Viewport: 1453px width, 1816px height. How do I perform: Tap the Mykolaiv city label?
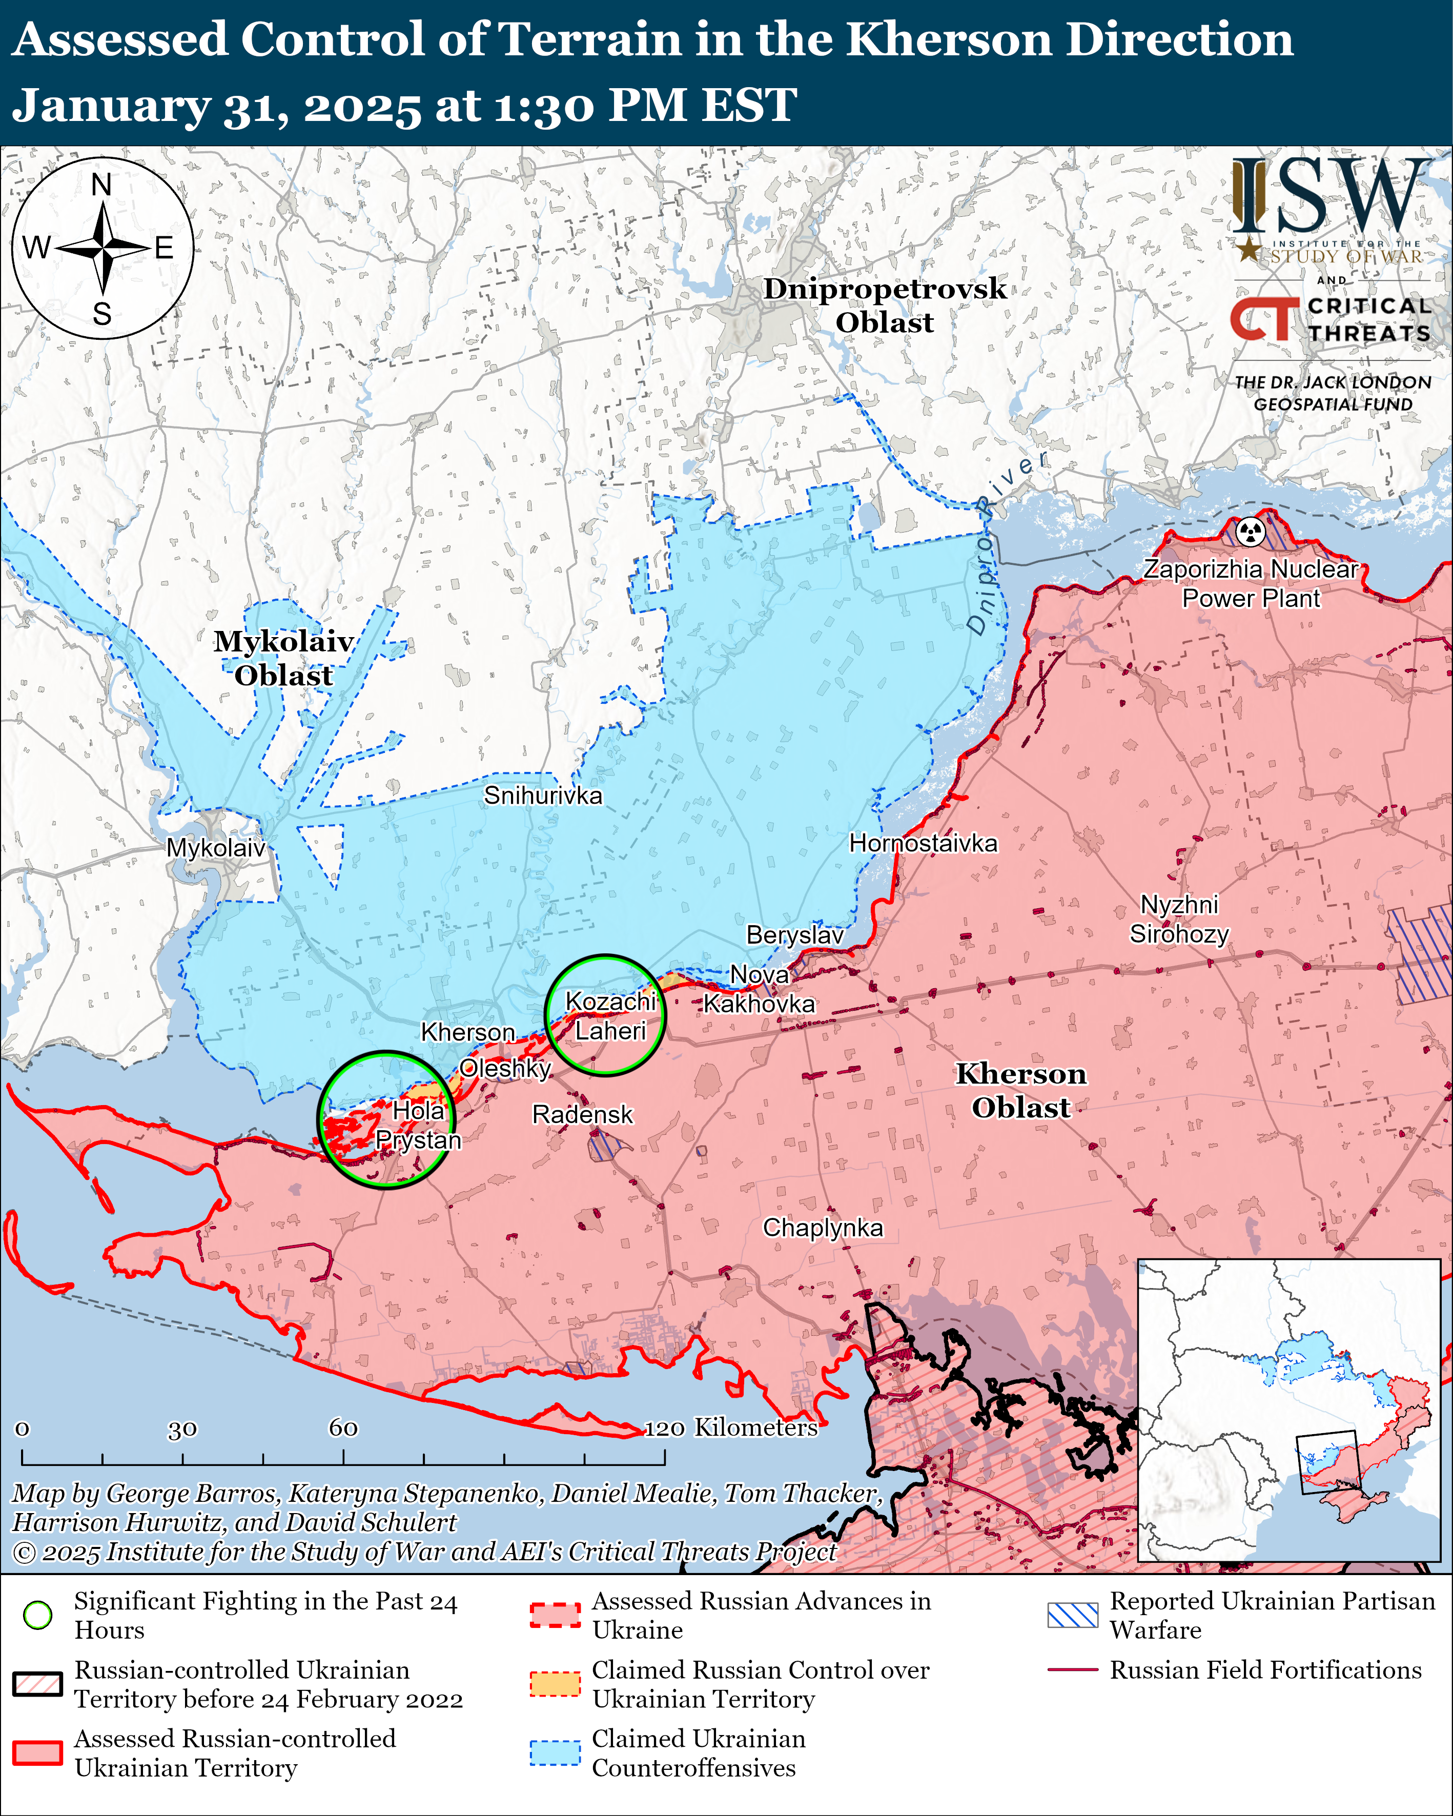[x=216, y=847]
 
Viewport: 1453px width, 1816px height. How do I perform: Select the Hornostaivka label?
[x=923, y=843]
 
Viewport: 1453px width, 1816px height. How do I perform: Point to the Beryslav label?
[x=794, y=935]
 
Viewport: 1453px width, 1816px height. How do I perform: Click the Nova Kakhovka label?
[x=759, y=989]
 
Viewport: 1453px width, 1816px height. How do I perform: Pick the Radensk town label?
[x=582, y=1114]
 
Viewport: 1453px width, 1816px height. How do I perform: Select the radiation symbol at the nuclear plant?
[x=1251, y=532]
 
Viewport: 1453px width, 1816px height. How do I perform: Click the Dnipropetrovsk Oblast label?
[x=885, y=305]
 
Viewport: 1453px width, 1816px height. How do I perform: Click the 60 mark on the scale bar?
[x=343, y=1427]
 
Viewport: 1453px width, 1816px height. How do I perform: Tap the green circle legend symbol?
[x=38, y=1615]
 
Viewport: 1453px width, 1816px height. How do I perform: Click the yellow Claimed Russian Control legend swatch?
[x=555, y=1684]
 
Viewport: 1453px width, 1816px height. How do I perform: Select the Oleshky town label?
[x=504, y=1068]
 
